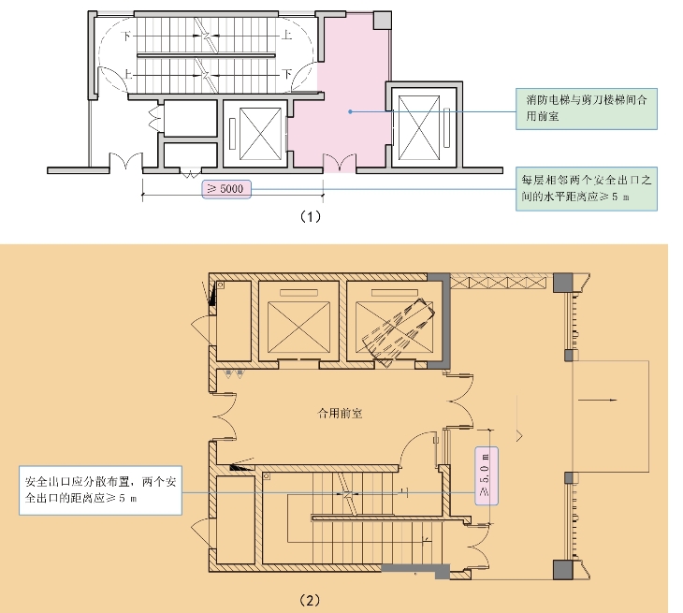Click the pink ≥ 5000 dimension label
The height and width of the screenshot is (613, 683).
point(226,189)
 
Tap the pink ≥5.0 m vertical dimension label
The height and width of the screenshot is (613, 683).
point(487,475)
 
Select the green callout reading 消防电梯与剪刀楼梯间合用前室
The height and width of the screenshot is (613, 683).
point(587,109)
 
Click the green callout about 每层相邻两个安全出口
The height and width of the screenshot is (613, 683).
point(587,189)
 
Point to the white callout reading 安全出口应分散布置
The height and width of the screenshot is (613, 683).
point(100,490)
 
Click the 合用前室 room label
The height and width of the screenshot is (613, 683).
point(340,413)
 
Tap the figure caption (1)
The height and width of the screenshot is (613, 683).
point(311,216)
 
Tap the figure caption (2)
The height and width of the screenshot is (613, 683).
point(310,601)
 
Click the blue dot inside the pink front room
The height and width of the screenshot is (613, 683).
point(350,112)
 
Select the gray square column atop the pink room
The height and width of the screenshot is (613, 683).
point(383,21)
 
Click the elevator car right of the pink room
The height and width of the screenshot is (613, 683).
point(419,128)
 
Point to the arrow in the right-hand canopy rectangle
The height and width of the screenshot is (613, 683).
point(598,400)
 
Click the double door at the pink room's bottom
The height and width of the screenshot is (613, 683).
point(340,162)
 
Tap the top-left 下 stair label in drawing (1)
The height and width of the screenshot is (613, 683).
point(126,36)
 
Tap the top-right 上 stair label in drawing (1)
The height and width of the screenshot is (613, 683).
point(286,35)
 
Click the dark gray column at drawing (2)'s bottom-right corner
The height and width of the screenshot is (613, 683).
point(563,569)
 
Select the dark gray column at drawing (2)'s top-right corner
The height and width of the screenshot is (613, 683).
point(563,283)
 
